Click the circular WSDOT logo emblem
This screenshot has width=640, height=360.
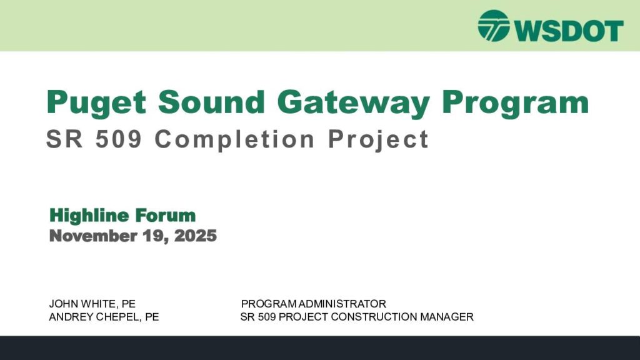[494, 26]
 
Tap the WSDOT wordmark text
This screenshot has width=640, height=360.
[569, 30]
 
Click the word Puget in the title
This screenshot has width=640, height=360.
[96, 103]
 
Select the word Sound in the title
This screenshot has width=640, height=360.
[212, 102]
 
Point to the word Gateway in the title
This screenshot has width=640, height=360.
[354, 103]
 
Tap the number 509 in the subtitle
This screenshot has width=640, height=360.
[119, 139]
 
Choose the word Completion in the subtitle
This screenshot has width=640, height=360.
[235, 139]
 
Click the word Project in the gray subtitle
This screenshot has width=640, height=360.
[378, 139]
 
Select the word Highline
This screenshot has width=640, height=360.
[89, 216]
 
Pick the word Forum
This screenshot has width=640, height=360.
[165, 215]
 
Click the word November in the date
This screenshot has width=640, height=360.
[93, 236]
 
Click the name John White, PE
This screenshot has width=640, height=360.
[92, 304]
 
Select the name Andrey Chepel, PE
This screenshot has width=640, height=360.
[104, 317]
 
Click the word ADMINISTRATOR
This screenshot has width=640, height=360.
[342, 304]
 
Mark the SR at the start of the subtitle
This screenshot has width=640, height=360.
[64, 139]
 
